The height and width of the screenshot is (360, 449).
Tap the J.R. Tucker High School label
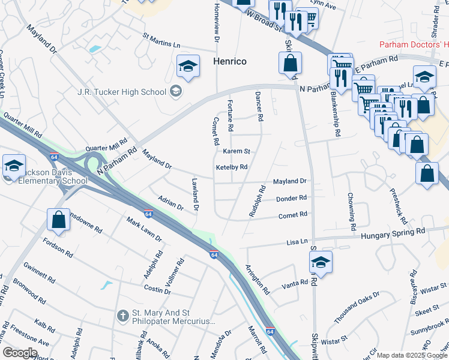point(122,92)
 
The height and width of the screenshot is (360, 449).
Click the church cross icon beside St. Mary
point(122,314)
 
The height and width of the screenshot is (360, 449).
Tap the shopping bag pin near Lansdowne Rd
point(59,220)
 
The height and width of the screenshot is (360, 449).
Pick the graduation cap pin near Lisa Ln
point(321,262)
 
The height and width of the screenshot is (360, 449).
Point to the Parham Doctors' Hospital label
point(414,45)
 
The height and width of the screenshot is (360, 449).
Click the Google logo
point(20,352)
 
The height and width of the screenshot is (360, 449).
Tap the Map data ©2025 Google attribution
point(412,355)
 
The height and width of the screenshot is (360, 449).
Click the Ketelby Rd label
point(232,167)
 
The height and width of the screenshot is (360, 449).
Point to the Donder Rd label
point(291,198)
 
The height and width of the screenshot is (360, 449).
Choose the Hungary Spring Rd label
point(393,231)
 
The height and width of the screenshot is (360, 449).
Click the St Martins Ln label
point(160,44)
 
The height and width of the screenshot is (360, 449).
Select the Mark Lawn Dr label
point(144,230)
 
